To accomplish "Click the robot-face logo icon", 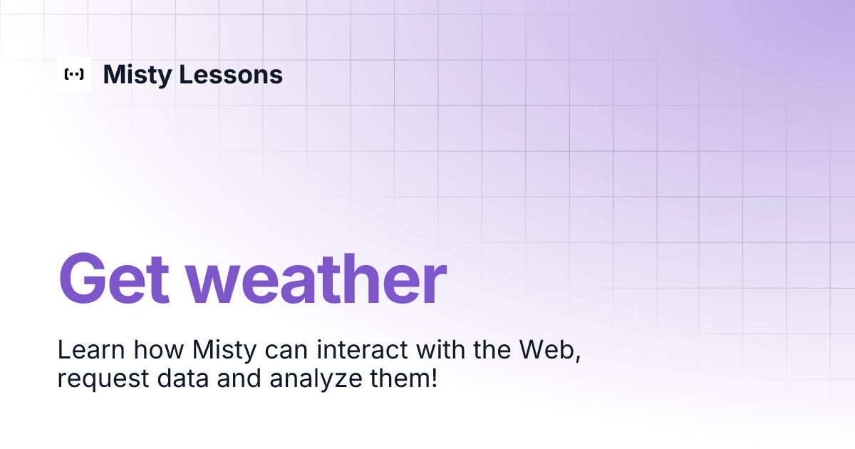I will (x=74, y=74).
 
